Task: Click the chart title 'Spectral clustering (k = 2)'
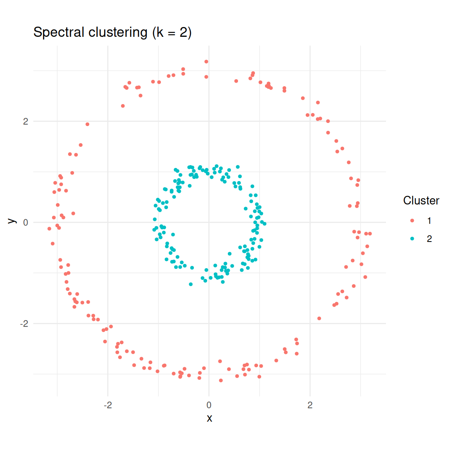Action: [112, 32]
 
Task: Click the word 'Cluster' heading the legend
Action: [421, 200]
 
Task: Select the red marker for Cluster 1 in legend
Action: [412, 221]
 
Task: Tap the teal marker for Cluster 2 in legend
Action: [412, 239]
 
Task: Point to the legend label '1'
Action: [429, 221]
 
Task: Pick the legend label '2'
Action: [429, 239]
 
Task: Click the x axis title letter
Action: [209, 418]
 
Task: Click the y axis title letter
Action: [12, 221]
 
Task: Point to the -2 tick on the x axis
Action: [108, 405]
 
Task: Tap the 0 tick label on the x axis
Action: [209, 405]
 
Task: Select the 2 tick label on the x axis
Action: [310, 405]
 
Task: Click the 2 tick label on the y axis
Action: [25, 121]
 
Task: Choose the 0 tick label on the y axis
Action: [25, 222]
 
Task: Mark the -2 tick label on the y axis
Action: [24, 324]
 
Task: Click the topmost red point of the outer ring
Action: [206, 62]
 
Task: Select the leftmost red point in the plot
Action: [49, 229]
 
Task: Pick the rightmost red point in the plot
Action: [370, 234]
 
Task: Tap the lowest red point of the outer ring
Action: [221, 381]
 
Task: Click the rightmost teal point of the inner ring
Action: [265, 224]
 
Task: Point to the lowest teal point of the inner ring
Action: [191, 284]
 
